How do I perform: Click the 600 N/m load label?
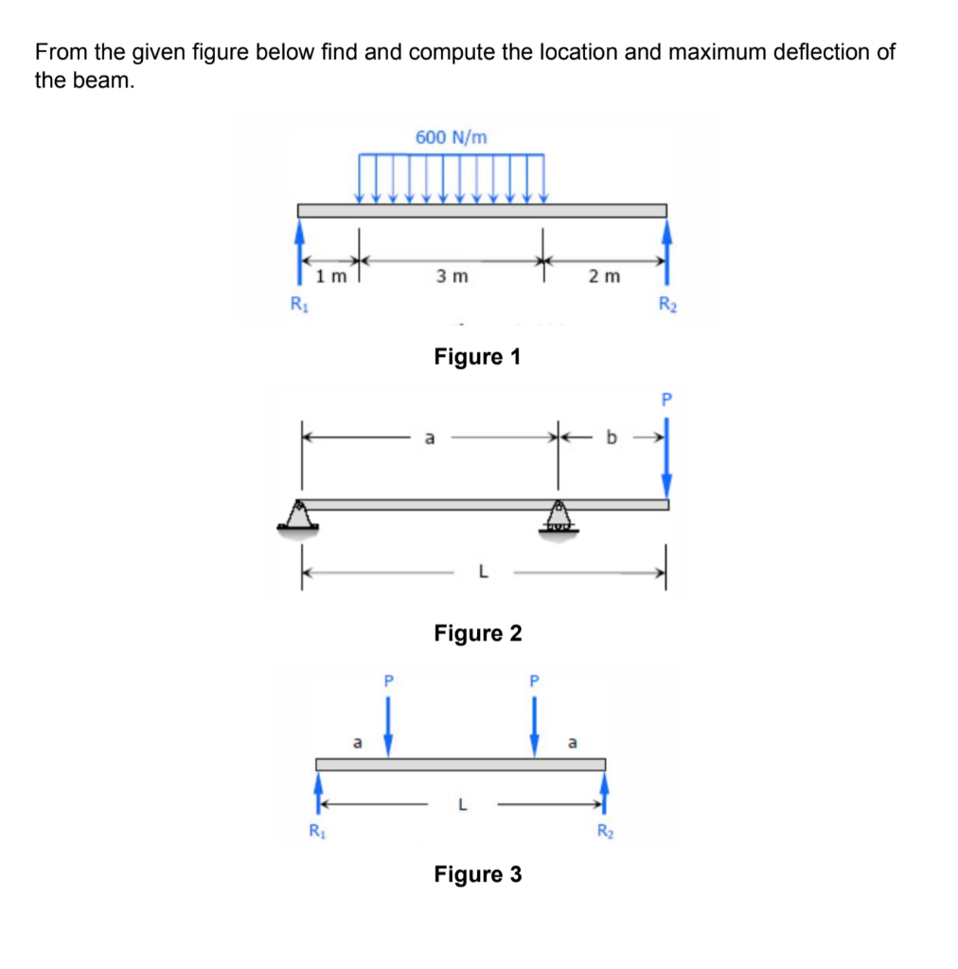click(452, 137)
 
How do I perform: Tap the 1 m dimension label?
click(331, 276)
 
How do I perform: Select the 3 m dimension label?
click(452, 276)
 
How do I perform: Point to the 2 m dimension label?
click(604, 276)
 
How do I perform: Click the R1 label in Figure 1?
click(299, 304)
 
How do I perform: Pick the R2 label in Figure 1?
click(667, 304)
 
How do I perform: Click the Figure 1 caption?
click(477, 357)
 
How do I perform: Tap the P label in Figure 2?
click(666, 399)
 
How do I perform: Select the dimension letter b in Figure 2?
click(612, 437)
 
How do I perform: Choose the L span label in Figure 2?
click(484, 573)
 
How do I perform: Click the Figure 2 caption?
click(478, 633)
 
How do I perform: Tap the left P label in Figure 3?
click(388, 681)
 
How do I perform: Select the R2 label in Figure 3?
click(606, 831)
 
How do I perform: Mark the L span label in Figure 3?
click(462, 804)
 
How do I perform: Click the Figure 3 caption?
click(478, 873)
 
